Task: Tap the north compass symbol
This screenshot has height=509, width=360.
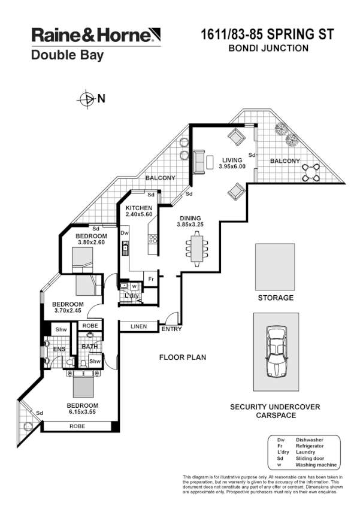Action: pyautogui.click(x=87, y=99)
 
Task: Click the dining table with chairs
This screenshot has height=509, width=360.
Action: pyautogui.click(x=197, y=249)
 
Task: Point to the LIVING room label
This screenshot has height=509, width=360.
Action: pyautogui.click(x=232, y=160)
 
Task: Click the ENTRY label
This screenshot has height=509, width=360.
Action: pyautogui.click(x=171, y=329)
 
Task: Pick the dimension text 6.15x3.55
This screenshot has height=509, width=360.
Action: pyautogui.click(x=81, y=411)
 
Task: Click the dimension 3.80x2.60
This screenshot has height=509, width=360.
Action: pyautogui.click(x=91, y=243)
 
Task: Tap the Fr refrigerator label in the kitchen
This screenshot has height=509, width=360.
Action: pyautogui.click(x=152, y=279)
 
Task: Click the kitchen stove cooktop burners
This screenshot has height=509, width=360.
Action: pyautogui.click(x=153, y=239)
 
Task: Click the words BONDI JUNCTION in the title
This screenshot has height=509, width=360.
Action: pyautogui.click(x=269, y=49)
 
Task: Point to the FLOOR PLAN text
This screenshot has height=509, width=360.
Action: pyautogui.click(x=182, y=357)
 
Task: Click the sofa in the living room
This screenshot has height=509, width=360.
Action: pyautogui.click(x=198, y=162)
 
